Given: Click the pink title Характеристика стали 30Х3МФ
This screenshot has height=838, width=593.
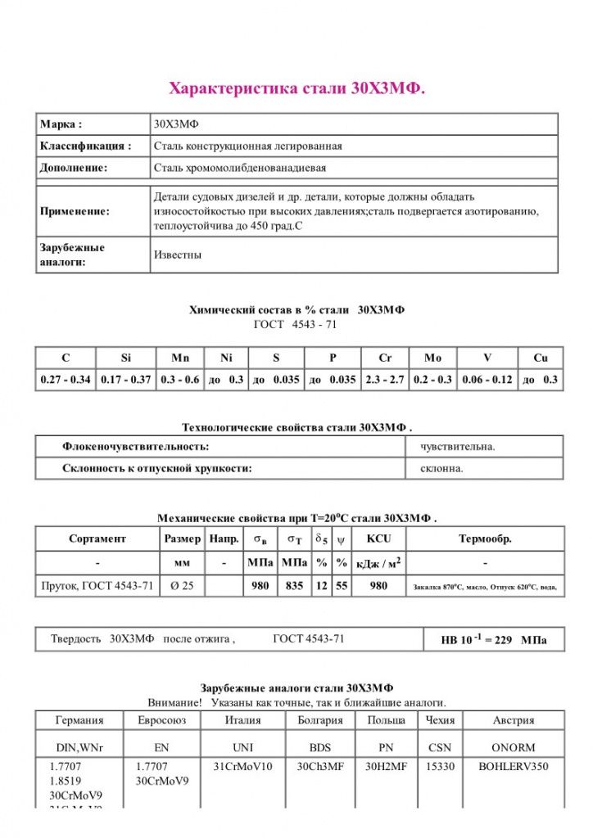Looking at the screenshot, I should (x=296, y=88).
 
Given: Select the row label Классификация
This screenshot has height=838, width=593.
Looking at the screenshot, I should (x=85, y=146).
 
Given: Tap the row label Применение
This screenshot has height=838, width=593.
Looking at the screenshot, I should (x=75, y=211).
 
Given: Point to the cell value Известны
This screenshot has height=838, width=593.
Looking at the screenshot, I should (x=178, y=255).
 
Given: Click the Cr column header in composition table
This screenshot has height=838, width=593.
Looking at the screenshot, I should (x=385, y=358).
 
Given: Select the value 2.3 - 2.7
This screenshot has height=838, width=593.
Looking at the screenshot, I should (x=385, y=380).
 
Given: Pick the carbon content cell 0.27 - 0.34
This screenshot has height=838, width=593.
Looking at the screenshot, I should (x=66, y=380).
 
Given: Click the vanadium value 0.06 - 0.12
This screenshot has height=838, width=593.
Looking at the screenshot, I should (x=487, y=380).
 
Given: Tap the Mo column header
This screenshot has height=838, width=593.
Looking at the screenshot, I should (x=432, y=358).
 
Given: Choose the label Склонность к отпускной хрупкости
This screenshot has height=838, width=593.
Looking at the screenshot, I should (x=156, y=468).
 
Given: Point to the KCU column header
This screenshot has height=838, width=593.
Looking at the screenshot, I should (x=378, y=538).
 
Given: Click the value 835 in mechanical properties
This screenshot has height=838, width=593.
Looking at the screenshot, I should (x=294, y=586).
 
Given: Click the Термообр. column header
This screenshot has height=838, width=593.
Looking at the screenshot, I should (x=486, y=538).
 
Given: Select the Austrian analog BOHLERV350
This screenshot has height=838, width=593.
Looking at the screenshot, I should (x=514, y=767).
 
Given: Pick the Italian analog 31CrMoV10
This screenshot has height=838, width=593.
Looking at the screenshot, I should (x=242, y=767).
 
